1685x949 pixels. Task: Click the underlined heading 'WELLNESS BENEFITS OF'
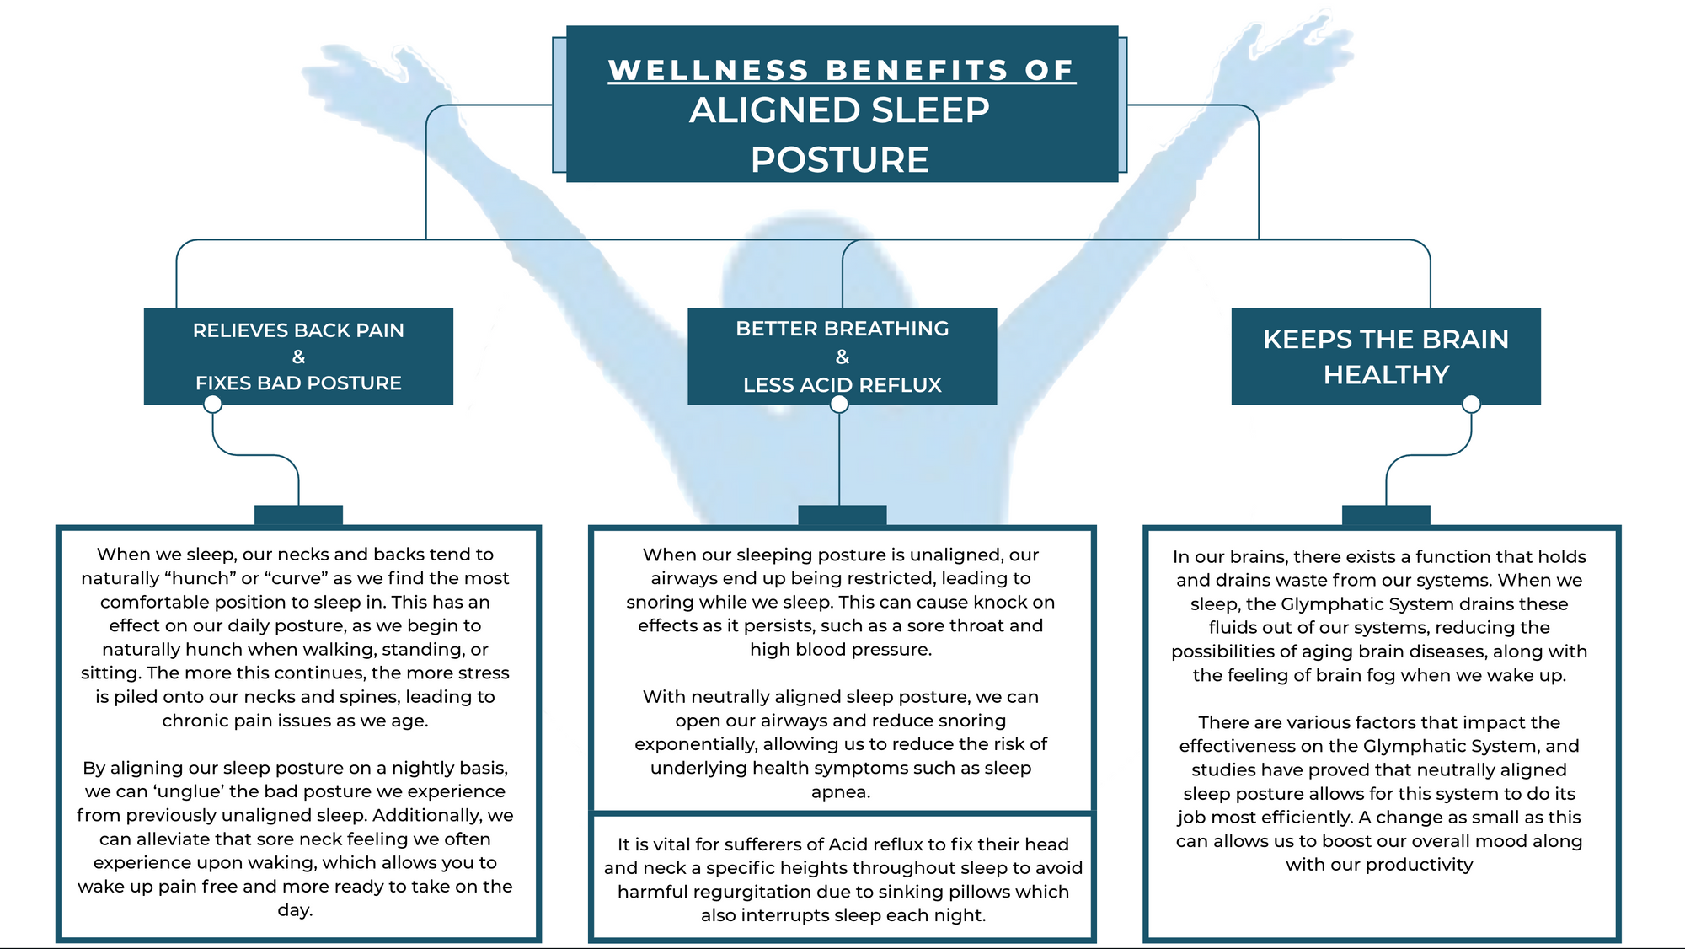click(x=842, y=70)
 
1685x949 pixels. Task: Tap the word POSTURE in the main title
click(x=840, y=159)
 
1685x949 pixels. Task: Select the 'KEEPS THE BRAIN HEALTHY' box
click(x=1386, y=357)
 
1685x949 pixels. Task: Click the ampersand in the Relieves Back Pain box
click(x=298, y=357)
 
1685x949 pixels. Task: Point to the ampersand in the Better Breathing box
click(x=842, y=357)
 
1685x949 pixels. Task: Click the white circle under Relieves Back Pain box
click(x=213, y=405)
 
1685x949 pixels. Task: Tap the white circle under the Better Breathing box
click(x=839, y=405)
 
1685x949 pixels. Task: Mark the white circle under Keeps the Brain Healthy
click(x=1471, y=405)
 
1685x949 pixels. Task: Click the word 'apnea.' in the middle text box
click(x=841, y=791)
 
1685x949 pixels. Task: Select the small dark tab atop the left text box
click(x=298, y=515)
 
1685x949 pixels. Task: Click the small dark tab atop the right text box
click(x=1386, y=515)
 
